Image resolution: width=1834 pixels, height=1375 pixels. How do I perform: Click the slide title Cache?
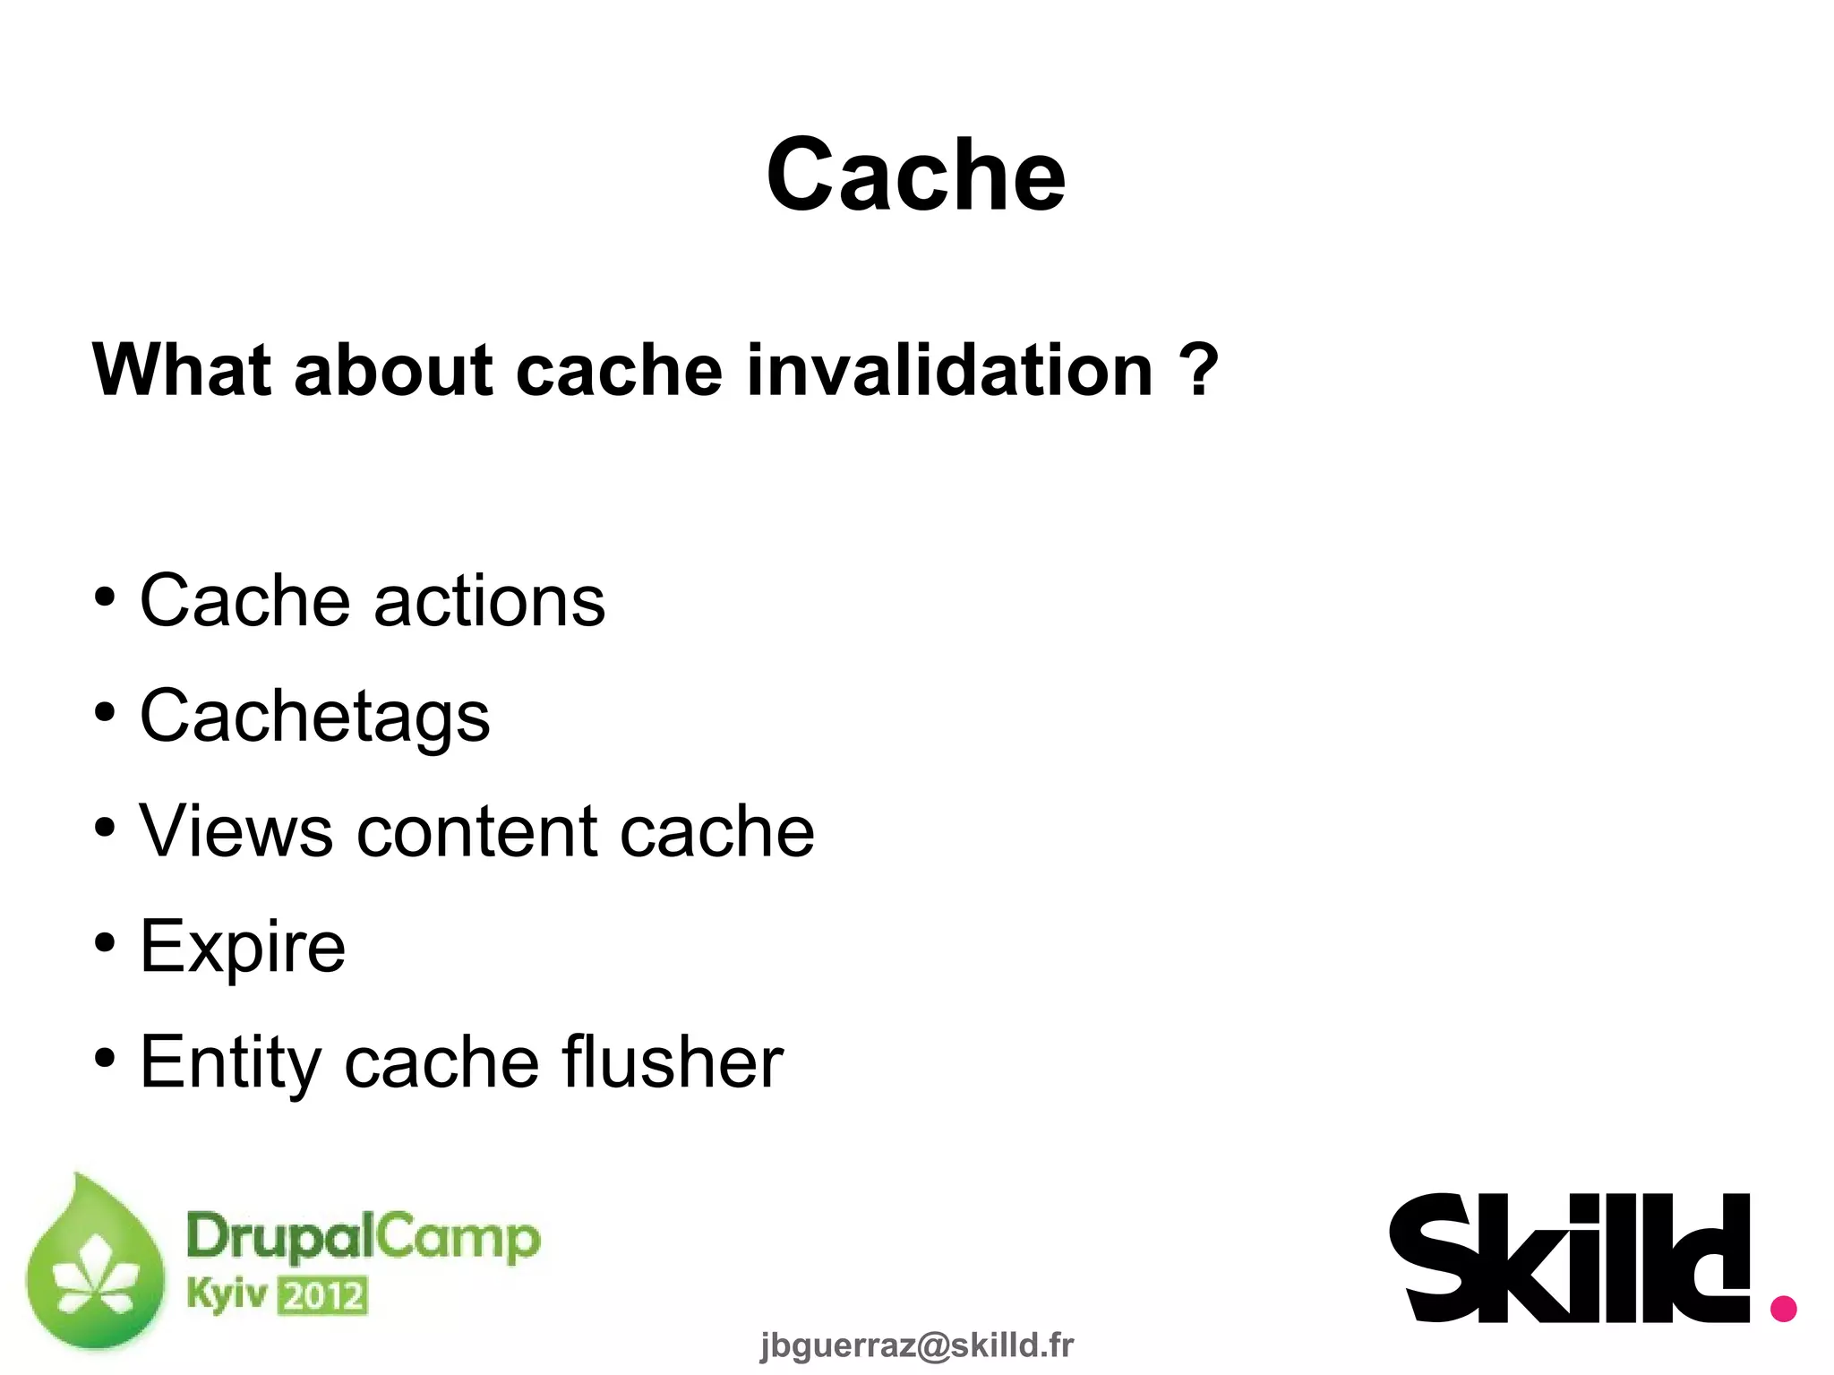pyautogui.click(x=916, y=175)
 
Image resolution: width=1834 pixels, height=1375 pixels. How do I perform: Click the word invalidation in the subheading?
pyautogui.click(x=949, y=370)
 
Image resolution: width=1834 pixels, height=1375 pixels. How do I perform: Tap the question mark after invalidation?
pyautogui.click(x=1199, y=370)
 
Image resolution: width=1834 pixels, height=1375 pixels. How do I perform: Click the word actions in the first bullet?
pyautogui.click(x=489, y=601)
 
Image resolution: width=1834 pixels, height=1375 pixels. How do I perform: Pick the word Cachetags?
pyautogui.click(x=315, y=717)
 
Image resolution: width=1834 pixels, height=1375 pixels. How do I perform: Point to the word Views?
pyautogui.click(x=236, y=831)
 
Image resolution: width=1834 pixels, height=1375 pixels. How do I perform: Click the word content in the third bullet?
pyautogui.click(x=476, y=831)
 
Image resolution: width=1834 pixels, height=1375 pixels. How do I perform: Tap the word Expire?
pyautogui.click(x=243, y=947)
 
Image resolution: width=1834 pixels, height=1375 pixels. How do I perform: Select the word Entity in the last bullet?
pyautogui.click(x=230, y=1062)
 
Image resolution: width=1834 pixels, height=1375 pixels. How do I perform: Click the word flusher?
pyautogui.click(x=673, y=1062)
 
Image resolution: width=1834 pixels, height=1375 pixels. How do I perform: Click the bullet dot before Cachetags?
pyautogui.click(x=105, y=714)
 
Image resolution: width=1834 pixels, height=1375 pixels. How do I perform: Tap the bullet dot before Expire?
pyautogui.click(x=105, y=943)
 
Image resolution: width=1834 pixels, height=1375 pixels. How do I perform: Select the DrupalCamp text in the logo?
pyautogui.click(x=364, y=1239)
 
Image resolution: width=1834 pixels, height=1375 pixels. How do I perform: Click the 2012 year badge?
pyautogui.click(x=323, y=1296)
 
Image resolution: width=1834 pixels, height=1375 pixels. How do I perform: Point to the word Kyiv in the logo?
pyautogui.click(x=227, y=1294)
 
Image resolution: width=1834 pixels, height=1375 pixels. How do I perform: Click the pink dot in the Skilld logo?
pyautogui.click(x=1783, y=1308)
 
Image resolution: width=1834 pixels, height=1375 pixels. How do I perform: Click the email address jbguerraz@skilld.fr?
pyautogui.click(x=916, y=1345)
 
